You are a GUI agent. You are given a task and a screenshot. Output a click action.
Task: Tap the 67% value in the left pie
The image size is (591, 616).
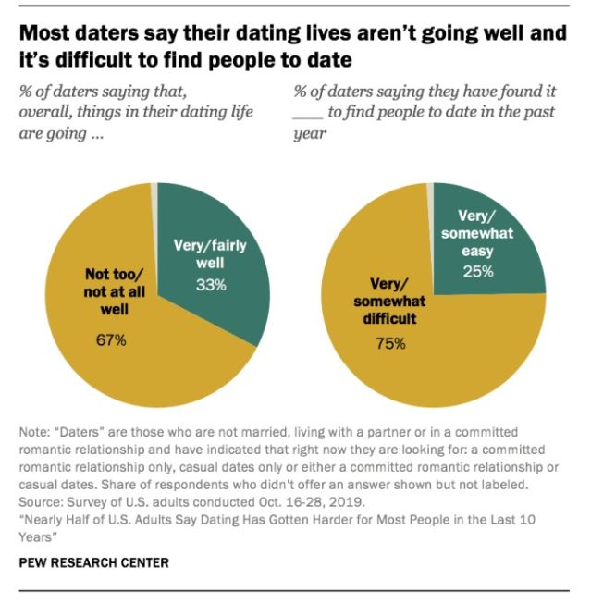(111, 341)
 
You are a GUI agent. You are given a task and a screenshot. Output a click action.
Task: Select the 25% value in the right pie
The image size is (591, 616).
(478, 271)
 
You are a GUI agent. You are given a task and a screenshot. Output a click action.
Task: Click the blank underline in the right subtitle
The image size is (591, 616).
(310, 113)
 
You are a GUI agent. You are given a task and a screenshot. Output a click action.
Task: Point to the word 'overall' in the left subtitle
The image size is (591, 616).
(43, 113)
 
